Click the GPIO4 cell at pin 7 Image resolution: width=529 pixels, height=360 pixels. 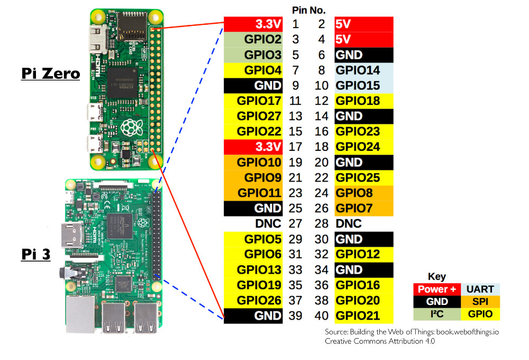coord(253,70)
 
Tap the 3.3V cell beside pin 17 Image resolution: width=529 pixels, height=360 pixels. coord(253,147)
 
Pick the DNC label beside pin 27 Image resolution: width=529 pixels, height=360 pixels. coord(268,224)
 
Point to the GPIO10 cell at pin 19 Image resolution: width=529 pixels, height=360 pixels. coord(253,163)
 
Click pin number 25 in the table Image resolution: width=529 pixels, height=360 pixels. coord(295,209)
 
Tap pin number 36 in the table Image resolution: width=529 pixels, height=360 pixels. coord(322,285)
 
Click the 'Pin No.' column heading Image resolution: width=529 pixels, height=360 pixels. coord(308,10)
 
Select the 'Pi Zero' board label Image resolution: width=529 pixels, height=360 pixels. coord(50,73)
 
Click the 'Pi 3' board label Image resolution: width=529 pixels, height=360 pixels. coord(36,254)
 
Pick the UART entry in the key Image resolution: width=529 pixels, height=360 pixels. coord(480,290)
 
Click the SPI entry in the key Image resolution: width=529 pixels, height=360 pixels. coord(480,302)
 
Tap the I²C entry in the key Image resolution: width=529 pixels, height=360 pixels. coord(437,314)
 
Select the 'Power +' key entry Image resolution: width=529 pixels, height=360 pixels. coord(437,290)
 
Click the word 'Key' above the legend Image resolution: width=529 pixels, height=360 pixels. coord(437,277)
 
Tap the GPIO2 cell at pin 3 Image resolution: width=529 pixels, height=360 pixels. coord(253,40)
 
